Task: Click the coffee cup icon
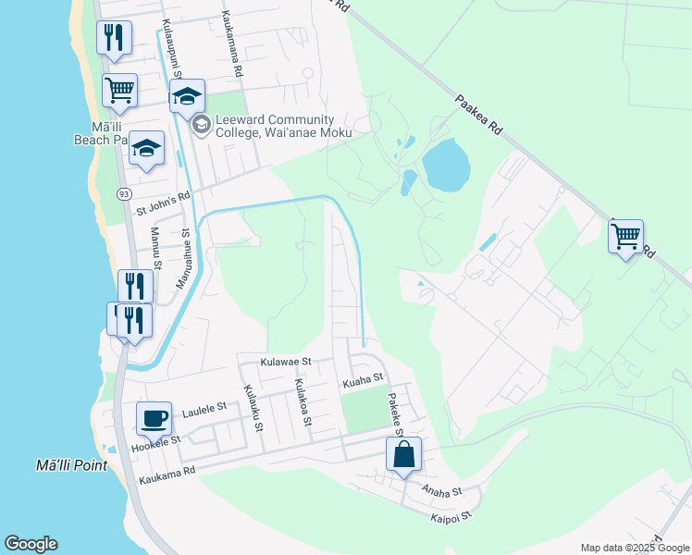[x=154, y=418]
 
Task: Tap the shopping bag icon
[x=403, y=454]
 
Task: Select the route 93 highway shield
[x=123, y=193]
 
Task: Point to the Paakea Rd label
[x=477, y=114]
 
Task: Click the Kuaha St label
[x=363, y=378]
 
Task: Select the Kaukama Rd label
[x=167, y=475]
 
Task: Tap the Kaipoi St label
[x=451, y=514]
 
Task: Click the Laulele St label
[x=204, y=408]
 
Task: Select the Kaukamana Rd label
[x=233, y=44]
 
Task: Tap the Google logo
[x=31, y=544]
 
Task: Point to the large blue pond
[x=446, y=166]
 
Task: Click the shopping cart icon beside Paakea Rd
[x=625, y=236]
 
